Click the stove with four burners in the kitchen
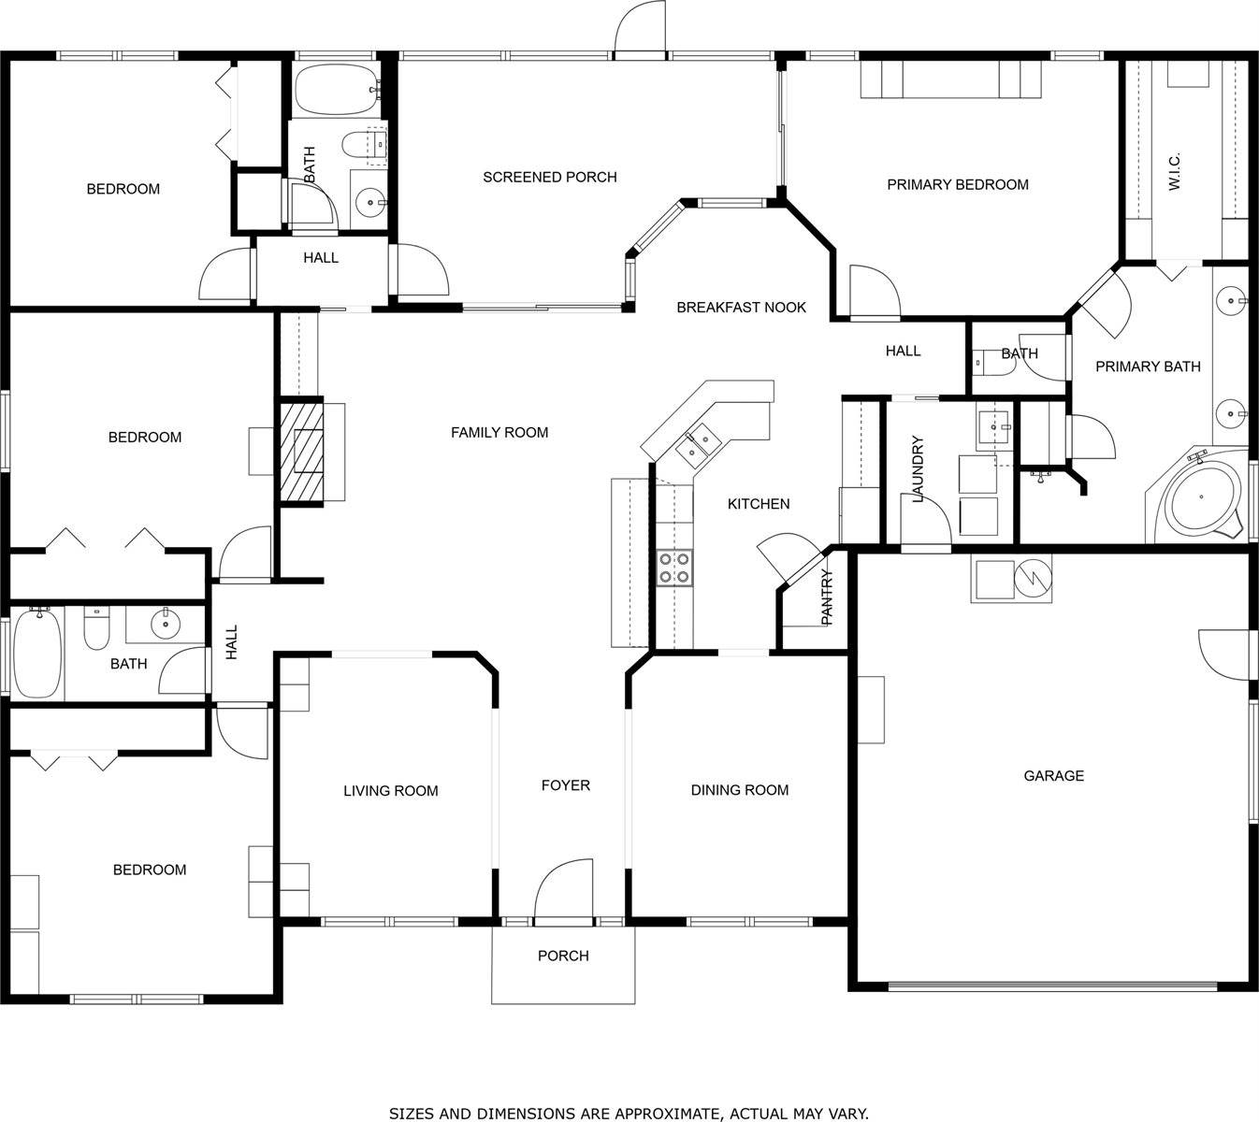coord(674,568)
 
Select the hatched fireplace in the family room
coord(299,453)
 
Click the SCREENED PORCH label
coord(549,177)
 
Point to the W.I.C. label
coord(1175,172)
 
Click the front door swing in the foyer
coord(563,891)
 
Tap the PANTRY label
coord(827,597)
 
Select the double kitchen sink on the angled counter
coord(697,445)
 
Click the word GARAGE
coord(1053,775)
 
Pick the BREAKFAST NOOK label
coord(741,307)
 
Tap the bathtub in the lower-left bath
coord(37,652)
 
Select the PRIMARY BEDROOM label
coord(957,184)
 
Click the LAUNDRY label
coord(918,468)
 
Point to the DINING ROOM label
coord(739,790)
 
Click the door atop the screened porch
coord(640,28)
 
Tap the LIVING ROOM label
coord(390,791)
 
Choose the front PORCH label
coord(563,956)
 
